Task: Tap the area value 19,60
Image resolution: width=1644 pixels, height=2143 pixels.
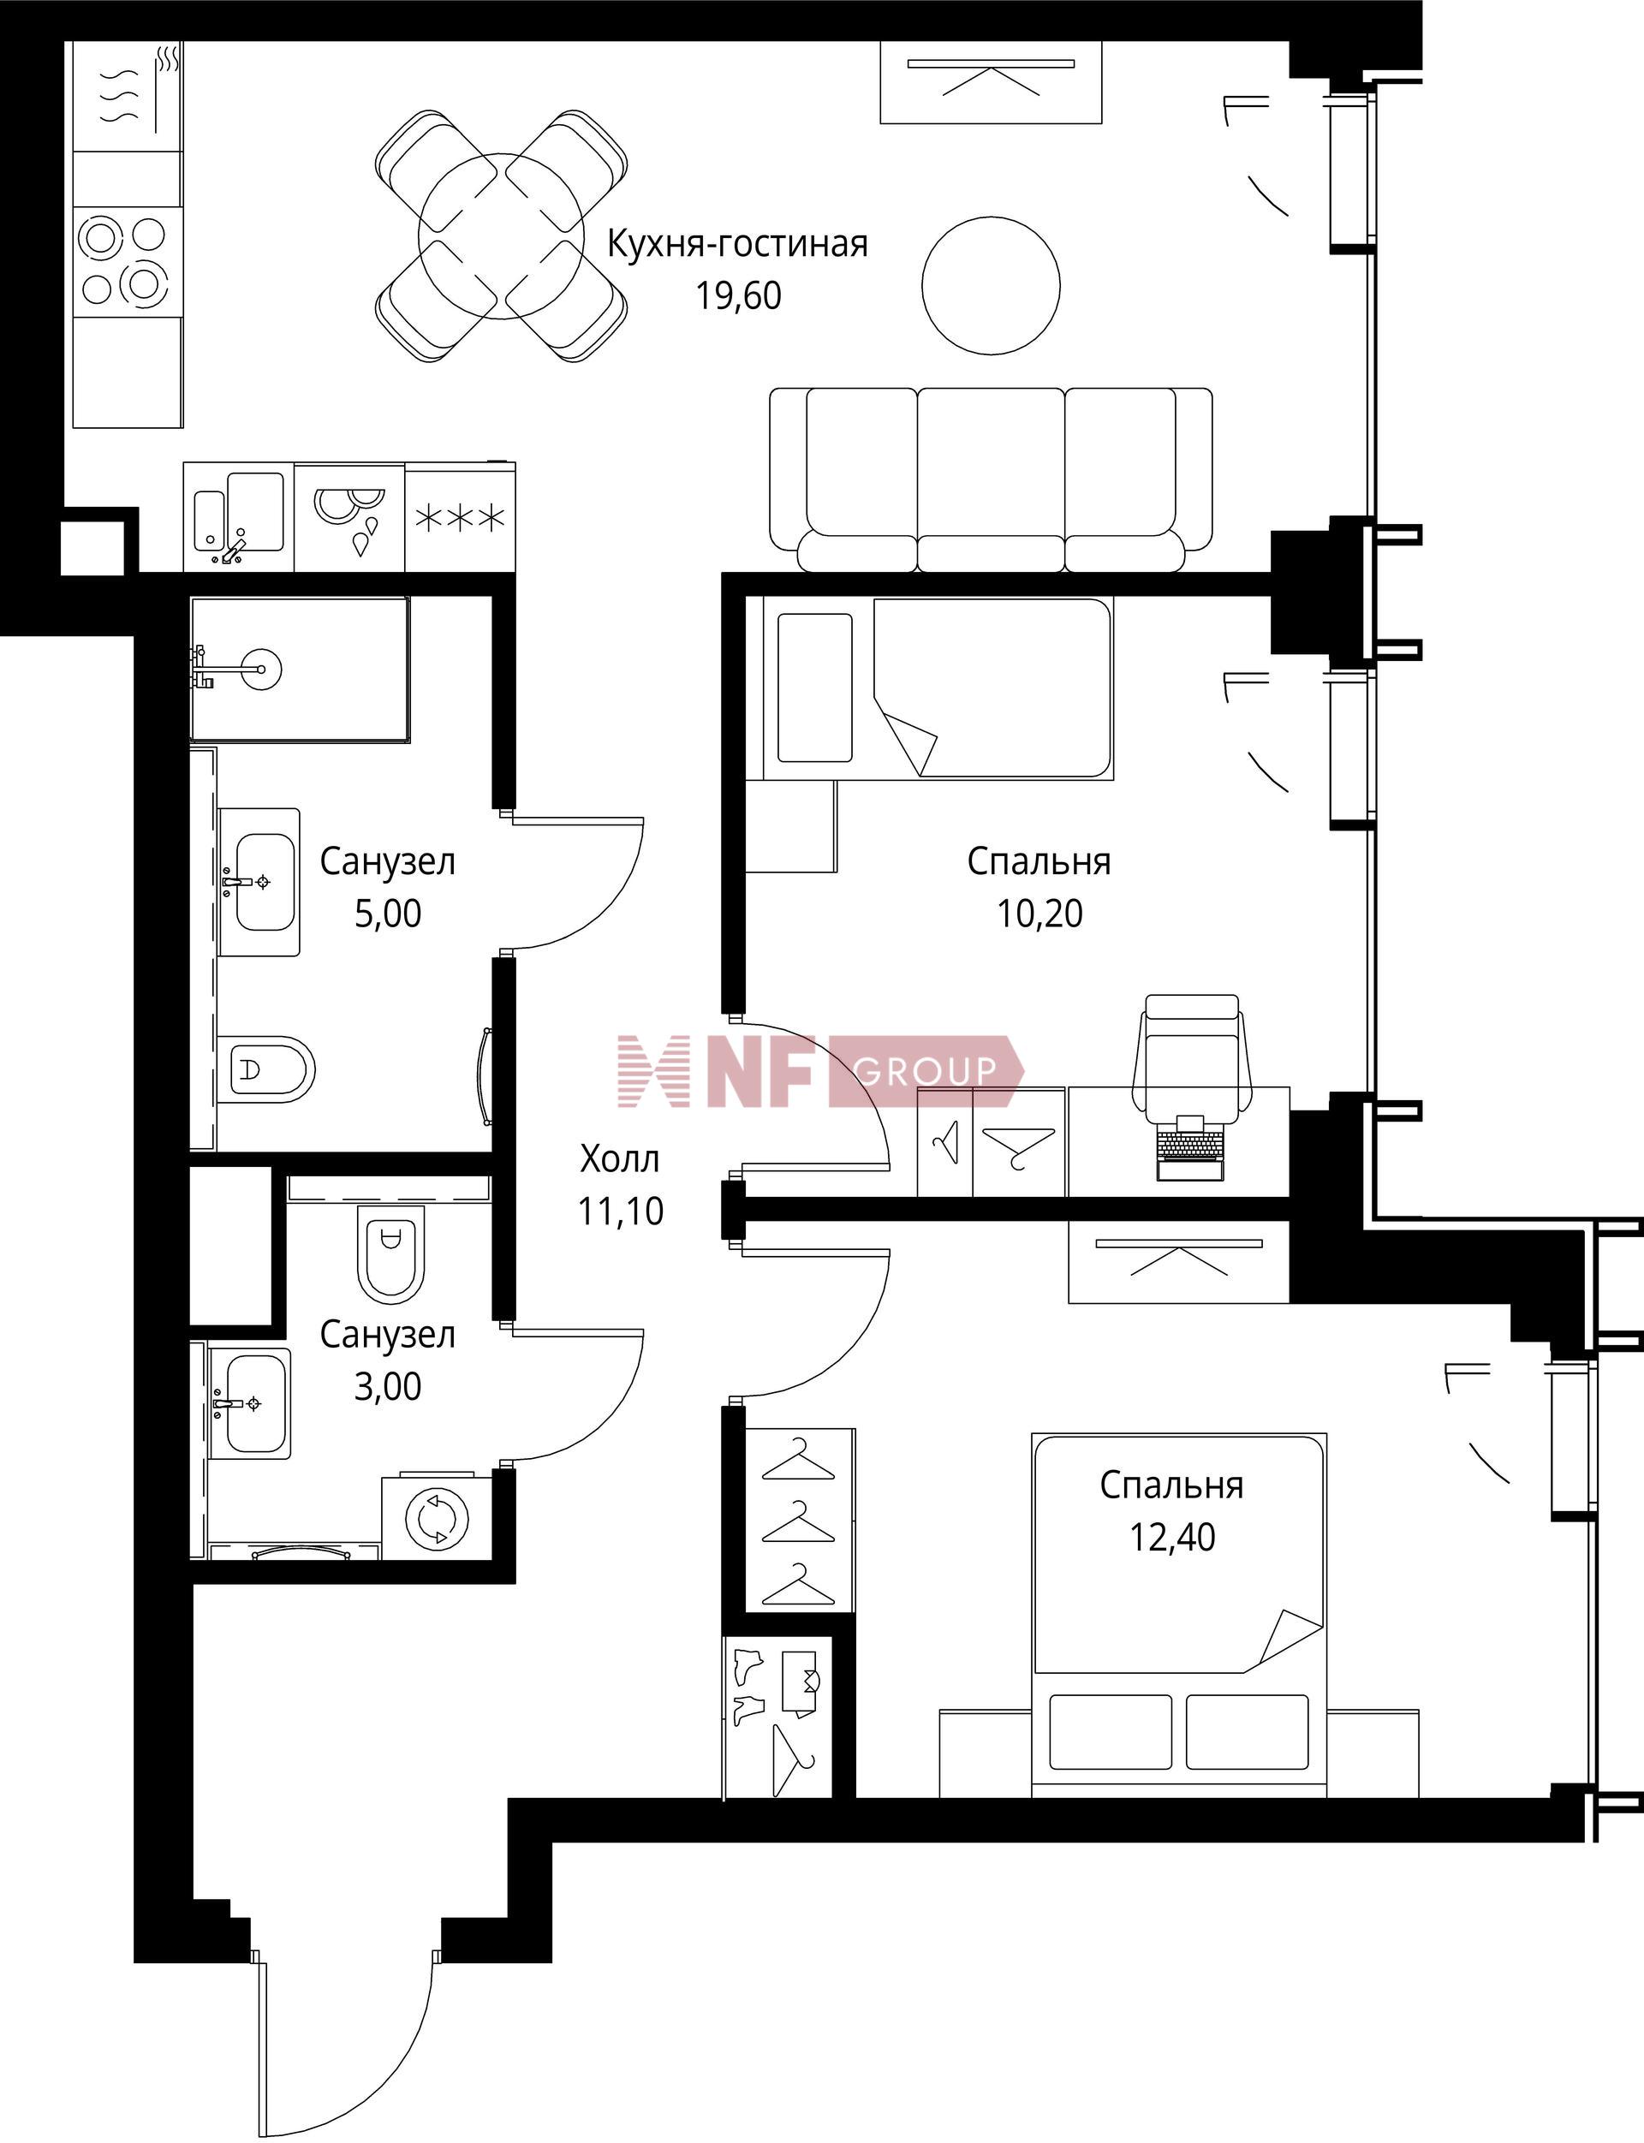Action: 739,295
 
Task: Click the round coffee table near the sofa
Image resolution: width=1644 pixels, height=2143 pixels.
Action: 992,285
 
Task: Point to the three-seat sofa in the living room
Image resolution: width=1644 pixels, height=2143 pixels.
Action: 992,479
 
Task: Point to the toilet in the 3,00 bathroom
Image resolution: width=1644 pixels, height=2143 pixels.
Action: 392,1253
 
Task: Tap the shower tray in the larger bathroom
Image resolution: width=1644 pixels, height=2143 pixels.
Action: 301,670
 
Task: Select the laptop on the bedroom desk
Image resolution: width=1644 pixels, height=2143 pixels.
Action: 1189,1147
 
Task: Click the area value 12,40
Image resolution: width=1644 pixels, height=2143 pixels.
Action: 1172,1538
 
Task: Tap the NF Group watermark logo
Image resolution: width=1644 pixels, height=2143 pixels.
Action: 820,1072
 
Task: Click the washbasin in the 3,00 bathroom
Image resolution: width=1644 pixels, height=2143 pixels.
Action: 251,1403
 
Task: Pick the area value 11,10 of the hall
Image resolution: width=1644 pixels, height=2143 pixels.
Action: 621,1211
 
